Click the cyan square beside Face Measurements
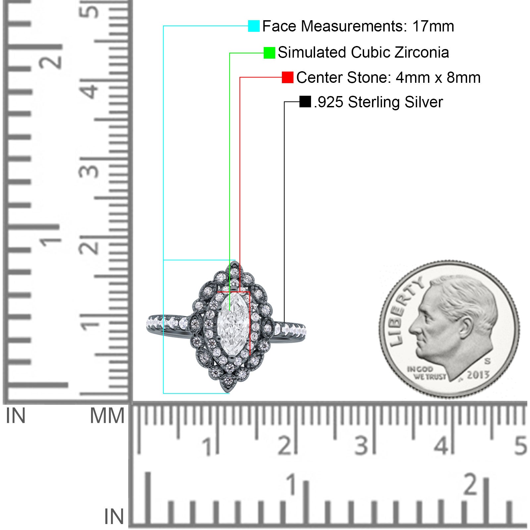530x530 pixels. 254,26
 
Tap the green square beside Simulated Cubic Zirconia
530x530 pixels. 269,53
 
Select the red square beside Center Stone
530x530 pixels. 288,78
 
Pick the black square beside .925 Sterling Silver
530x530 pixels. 305,102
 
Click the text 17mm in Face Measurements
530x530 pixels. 433,26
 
